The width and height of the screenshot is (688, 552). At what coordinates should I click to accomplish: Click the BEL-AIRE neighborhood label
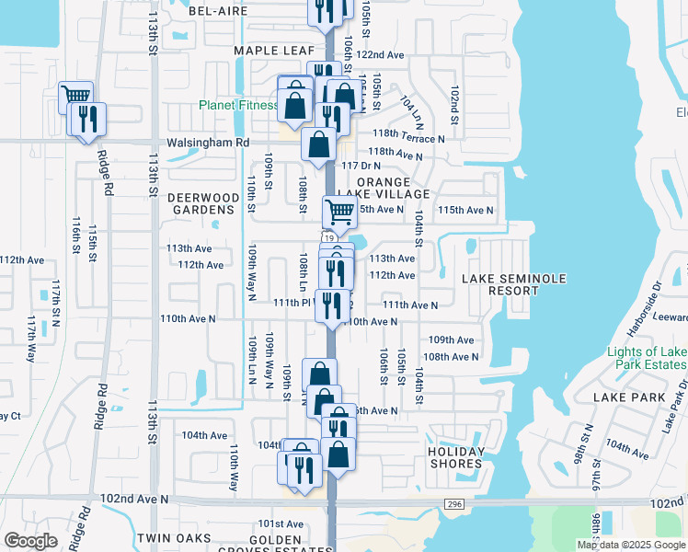219,11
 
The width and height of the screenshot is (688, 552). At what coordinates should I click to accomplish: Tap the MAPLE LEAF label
274,51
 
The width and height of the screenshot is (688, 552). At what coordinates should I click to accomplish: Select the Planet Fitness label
238,105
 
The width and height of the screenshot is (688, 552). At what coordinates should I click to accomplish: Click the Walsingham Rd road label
208,143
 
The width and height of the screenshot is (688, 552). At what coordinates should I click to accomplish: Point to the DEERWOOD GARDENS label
203,203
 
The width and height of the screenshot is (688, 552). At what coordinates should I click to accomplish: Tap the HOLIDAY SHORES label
455,457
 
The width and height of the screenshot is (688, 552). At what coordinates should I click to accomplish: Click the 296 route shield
454,504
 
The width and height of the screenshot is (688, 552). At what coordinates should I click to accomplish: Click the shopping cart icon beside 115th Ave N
339,213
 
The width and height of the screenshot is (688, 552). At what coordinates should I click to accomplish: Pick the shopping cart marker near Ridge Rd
75,96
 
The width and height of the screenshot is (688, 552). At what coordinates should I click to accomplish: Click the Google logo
30,540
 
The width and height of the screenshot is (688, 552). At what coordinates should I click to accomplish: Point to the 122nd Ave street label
384,55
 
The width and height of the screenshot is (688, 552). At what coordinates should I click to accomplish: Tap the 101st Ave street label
281,523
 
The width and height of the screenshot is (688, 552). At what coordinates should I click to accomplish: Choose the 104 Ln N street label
413,109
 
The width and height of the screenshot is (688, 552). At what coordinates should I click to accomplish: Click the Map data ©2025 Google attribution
631,545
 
